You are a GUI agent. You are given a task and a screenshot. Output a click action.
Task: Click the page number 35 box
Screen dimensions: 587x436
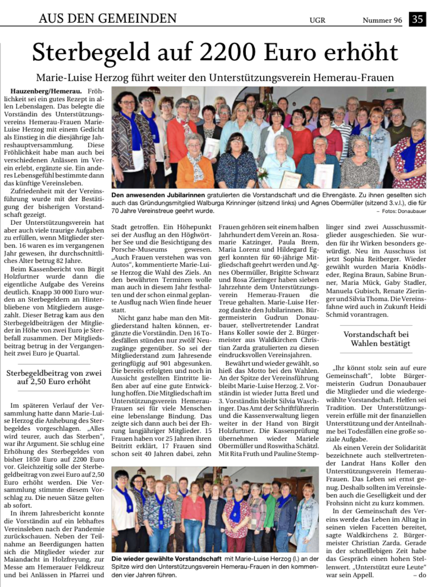coord(418,19)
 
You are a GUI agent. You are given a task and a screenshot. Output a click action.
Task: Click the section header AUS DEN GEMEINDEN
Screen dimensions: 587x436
coord(107,18)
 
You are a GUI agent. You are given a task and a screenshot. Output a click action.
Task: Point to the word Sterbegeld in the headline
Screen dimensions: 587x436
coord(91,53)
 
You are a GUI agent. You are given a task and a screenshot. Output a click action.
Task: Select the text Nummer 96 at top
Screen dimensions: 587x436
coord(382,20)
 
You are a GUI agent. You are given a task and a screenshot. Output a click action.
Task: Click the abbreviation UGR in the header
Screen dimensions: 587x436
coord(317,20)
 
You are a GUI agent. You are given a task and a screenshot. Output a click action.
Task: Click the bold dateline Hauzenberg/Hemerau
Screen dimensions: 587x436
coord(46,91)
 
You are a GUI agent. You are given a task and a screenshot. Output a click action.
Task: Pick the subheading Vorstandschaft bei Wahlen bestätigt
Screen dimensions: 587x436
coord(376,339)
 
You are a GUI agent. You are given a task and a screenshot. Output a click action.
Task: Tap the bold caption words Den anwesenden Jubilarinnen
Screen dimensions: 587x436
coord(158,195)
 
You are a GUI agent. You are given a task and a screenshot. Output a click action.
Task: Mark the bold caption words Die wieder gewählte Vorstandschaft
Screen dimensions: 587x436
coord(166,559)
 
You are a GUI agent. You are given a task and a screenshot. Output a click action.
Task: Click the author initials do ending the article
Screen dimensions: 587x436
coord(422,575)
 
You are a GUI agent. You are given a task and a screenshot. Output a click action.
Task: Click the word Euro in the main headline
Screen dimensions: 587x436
coord(292,52)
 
